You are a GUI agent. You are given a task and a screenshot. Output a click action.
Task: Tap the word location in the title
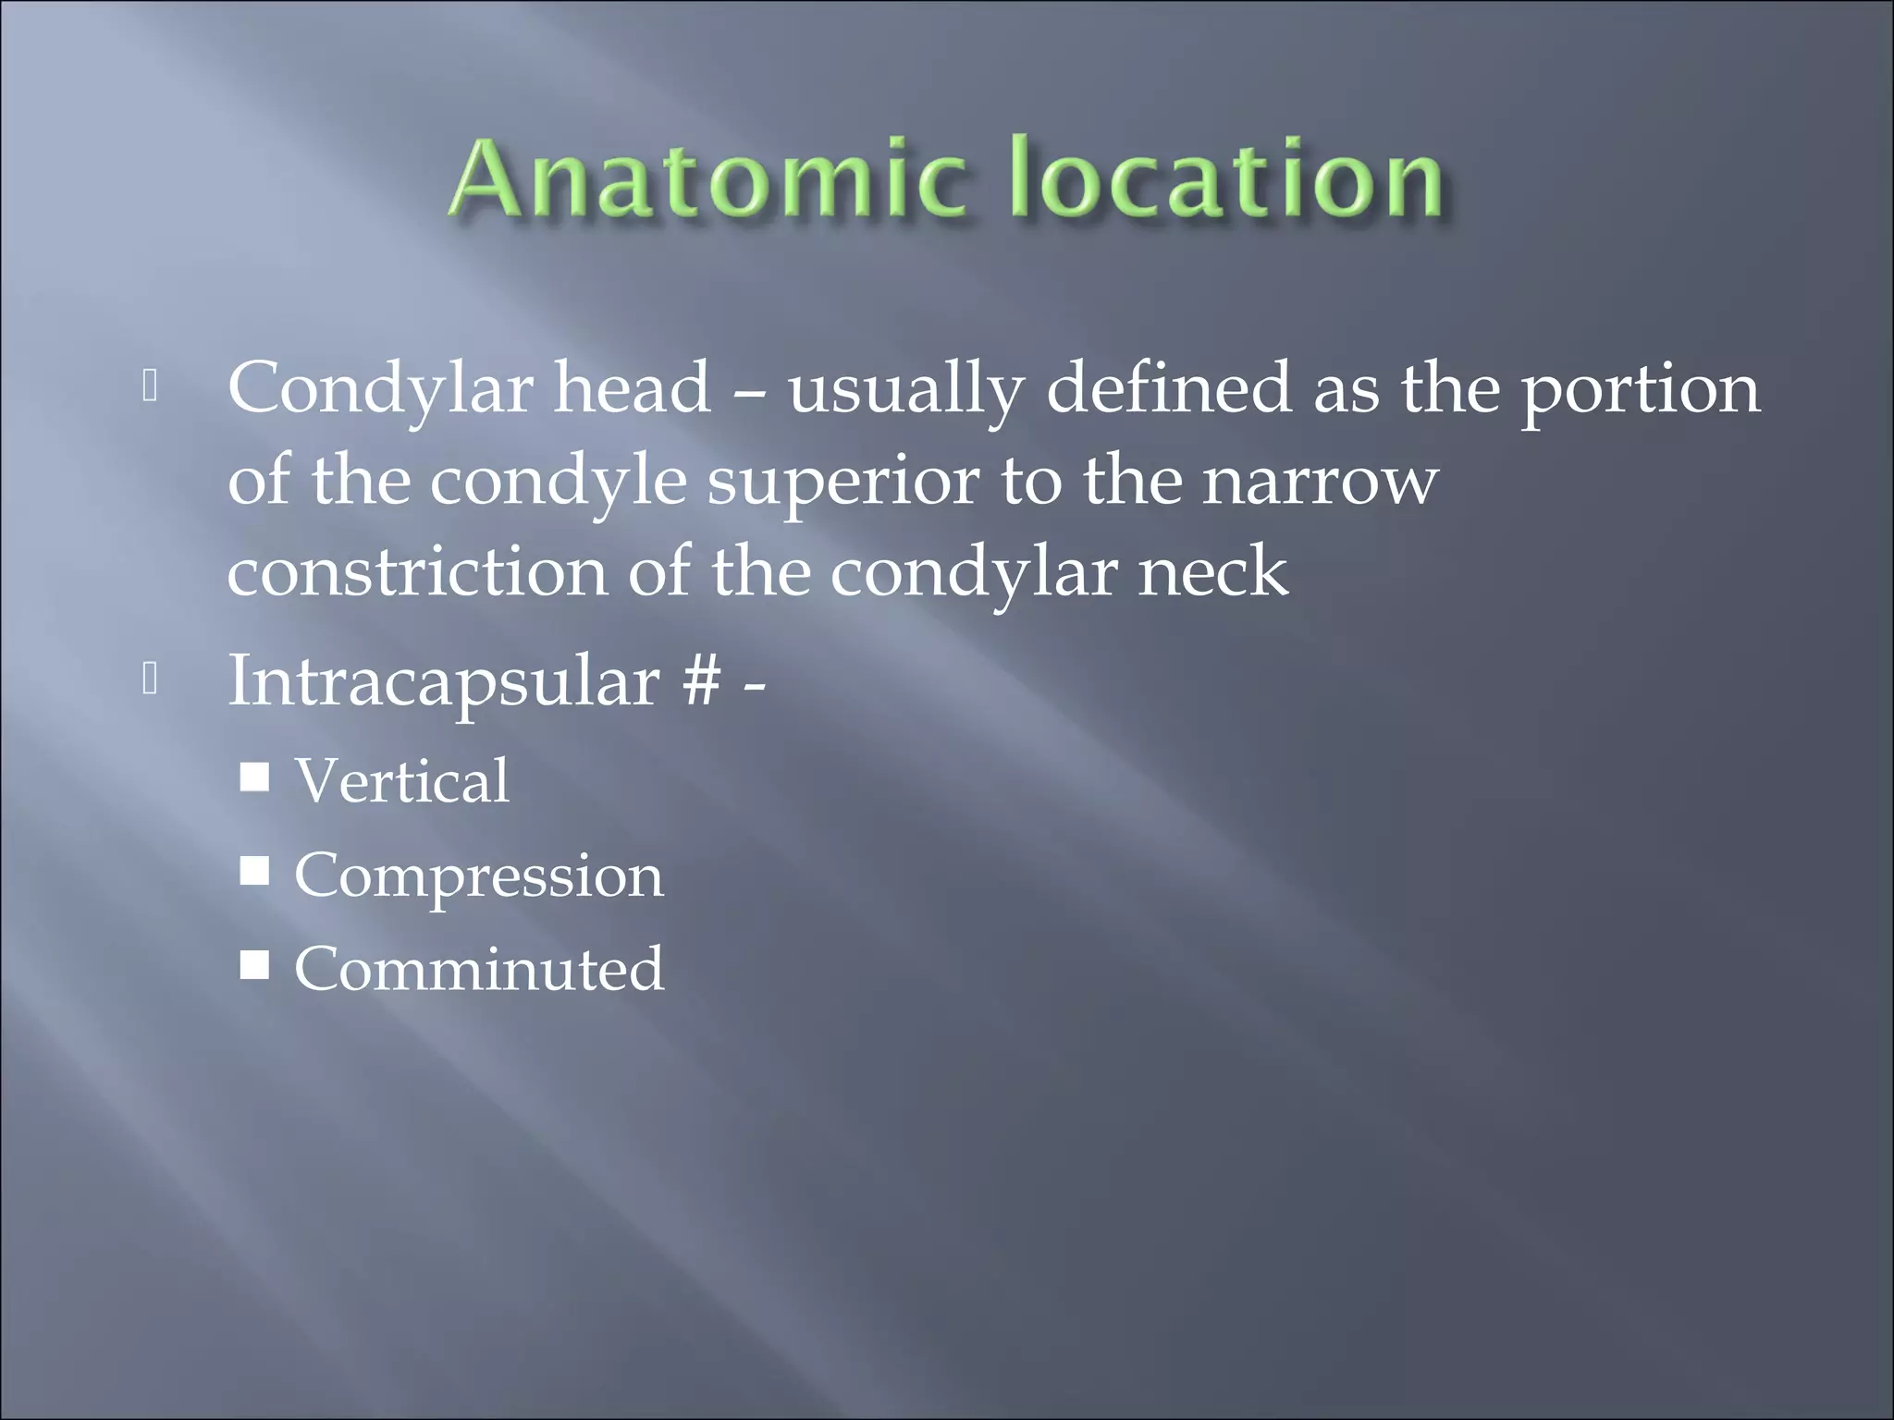[x=1226, y=177]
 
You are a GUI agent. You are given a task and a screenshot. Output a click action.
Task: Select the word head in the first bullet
[x=632, y=388]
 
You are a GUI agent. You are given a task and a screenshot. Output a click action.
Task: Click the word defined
[x=1168, y=388]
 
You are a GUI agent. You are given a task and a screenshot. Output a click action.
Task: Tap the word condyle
[x=558, y=483]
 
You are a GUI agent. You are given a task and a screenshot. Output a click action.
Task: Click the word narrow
[x=1320, y=483]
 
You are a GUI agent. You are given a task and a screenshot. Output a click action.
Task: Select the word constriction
[x=417, y=573]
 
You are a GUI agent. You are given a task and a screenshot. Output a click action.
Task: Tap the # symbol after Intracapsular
[x=701, y=682]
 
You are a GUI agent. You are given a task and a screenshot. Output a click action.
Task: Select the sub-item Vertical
[x=401, y=781]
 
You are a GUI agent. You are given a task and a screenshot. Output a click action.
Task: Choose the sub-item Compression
[x=478, y=876]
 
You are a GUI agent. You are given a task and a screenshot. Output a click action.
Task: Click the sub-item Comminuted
[x=478, y=969]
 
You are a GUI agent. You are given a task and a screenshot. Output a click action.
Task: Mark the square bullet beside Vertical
[x=254, y=777]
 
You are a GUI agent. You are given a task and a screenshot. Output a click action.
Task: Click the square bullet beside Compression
[x=254, y=871]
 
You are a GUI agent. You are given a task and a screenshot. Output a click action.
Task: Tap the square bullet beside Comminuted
[x=254, y=965]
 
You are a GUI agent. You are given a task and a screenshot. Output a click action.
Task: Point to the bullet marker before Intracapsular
[x=151, y=680]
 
